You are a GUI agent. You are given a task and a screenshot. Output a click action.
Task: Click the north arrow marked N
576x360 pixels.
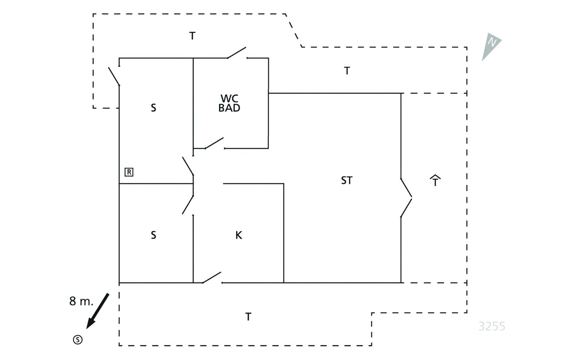(x=490, y=45)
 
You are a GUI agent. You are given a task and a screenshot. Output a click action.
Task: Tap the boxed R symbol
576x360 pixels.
(x=129, y=172)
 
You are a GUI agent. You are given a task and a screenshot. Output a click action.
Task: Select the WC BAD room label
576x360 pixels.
(x=229, y=103)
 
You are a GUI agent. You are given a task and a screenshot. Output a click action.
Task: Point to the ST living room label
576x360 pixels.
(x=347, y=180)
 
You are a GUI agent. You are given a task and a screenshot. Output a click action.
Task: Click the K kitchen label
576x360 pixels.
(x=239, y=235)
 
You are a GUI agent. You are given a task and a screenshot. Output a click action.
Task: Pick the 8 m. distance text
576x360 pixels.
(x=81, y=301)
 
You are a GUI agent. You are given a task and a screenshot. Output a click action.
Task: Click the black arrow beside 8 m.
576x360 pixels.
(x=98, y=311)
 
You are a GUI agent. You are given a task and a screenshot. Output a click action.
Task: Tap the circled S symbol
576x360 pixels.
(x=78, y=340)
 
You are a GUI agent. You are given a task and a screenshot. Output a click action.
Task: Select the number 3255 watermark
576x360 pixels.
(x=492, y=326)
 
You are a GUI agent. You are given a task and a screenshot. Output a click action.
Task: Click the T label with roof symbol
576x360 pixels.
(x=435, y=180)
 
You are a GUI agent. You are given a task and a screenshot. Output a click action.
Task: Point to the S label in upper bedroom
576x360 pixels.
(x=154, y=108)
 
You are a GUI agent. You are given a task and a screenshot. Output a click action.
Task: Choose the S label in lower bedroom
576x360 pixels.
(x=154, y=235)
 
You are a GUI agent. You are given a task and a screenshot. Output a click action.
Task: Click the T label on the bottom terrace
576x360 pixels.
(x=248, y=317)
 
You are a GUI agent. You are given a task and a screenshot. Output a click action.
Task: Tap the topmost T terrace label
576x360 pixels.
(x=192, y=36)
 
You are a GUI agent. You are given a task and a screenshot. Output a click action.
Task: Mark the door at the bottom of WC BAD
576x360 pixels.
(x=214, y=143)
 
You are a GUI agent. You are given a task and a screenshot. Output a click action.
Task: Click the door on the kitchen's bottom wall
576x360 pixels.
(x=212, y=277)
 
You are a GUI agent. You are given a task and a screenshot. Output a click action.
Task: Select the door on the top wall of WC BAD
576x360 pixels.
(x=237, y=52)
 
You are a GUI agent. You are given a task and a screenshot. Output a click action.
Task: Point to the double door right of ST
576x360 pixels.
(x=406, y=198)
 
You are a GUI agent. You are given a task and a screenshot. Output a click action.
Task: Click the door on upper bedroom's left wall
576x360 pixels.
(x=114, y=76)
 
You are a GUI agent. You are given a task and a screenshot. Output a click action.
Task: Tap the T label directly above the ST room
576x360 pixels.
(x=347, y=71)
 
